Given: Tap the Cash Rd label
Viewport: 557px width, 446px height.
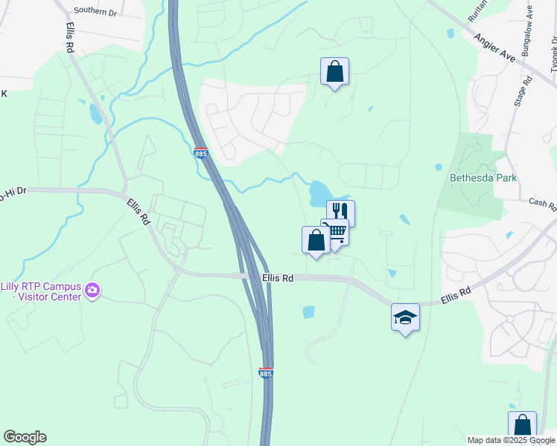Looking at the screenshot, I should [542, 202].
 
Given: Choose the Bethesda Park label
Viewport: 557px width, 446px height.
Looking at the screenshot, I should [483, 178].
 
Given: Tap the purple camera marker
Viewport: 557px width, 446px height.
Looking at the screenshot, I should [92, 290].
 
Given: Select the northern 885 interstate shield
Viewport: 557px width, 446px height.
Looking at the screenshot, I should [200, 152].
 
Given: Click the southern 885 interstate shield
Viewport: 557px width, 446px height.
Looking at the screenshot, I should [266, 372].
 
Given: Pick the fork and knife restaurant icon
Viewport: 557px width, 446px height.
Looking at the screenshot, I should [340, 213].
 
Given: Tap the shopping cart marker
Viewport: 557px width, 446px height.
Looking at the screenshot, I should [337, 233].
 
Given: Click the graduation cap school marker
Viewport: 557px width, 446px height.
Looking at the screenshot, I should [405, 317].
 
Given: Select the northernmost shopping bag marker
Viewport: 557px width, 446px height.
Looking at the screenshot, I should [334, 72].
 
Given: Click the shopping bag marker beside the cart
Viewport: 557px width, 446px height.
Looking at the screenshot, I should [316, 240].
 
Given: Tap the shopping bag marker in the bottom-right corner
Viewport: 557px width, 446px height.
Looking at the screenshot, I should [522, 426].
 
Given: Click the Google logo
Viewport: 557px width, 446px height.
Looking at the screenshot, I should [25, 437].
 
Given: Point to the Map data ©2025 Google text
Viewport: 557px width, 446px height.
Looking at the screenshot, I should [511, 440].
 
